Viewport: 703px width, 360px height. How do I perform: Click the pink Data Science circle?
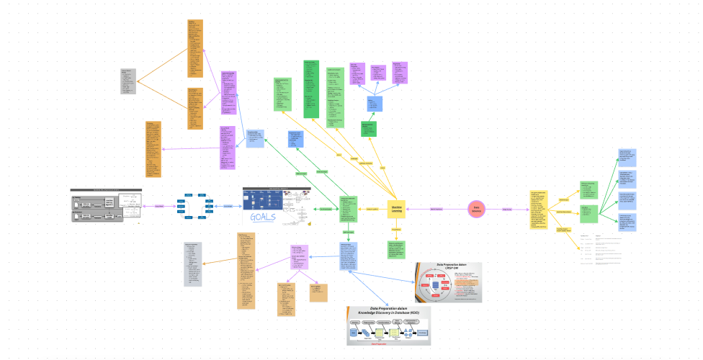[x=476, y=209]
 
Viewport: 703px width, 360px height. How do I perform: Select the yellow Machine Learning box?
[x=397, y=209]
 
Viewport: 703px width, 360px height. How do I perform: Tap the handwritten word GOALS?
[x=261, y=218]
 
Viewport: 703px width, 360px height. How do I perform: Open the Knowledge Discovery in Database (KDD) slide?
[x=388, y=325]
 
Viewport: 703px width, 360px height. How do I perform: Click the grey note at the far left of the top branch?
[x=128, y=81]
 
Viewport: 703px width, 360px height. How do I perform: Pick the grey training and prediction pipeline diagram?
[x=106, y=207]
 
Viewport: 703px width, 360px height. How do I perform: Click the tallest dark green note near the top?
[x=311, y=89]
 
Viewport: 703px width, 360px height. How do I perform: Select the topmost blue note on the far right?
[x=626, y=158]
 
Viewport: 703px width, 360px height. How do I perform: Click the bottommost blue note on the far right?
[x=626, y=222]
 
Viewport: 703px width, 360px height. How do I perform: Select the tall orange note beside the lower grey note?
[x=246, y=271]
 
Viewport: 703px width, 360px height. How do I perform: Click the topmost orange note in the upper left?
[x=195, y=48]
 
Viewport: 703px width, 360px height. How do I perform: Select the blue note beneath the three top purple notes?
[x=375, y=103]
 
